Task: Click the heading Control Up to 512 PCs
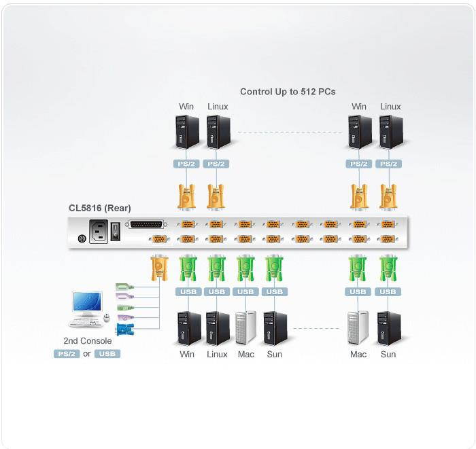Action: (x=288, y=91)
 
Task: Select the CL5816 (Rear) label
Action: (x=100, y=208)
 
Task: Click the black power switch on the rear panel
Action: (x=116, y=232)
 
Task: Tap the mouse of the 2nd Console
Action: (x=106, y=317)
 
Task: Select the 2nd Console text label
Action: (x=88, y=341)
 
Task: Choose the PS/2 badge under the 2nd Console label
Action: (x=67, y=354)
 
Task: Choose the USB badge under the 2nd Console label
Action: (x=107, y=354)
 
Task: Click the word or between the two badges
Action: (x=87, y=354)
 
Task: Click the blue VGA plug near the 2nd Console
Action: (x=123, y=329)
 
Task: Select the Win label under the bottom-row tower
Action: (x=187, y=355)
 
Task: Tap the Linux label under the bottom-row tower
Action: (x=217, y=355)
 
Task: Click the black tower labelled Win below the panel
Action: (x=188, y=327)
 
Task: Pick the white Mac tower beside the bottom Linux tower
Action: (x=245, y=327)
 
